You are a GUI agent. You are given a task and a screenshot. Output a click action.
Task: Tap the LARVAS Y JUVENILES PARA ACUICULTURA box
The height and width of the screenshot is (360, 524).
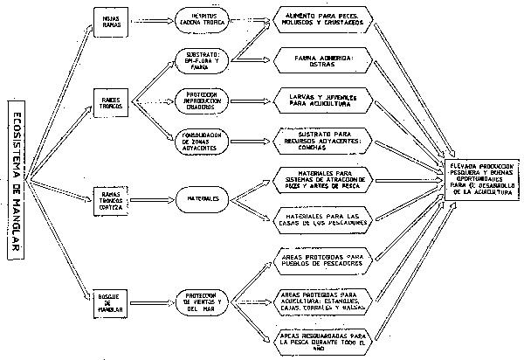pos(323,98)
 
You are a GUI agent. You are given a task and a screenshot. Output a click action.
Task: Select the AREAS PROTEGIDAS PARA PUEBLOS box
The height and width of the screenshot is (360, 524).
pos(323,259)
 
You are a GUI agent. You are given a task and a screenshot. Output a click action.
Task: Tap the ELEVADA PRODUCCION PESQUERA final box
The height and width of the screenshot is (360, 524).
pos(482,178)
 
